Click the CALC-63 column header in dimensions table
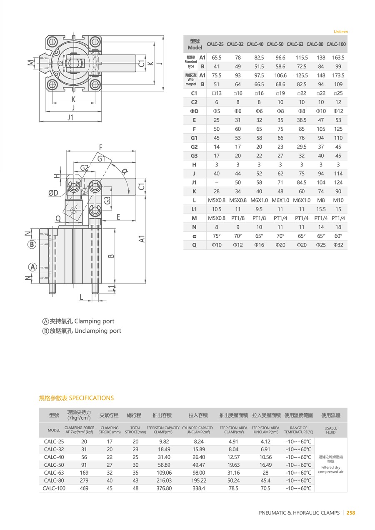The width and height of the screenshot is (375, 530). click(295, 44)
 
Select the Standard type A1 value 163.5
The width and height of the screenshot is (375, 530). click(338, 58)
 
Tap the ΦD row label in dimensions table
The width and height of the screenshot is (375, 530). click(194, 111)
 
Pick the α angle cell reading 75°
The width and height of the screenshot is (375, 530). click(216, 236)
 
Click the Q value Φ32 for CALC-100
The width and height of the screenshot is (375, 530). click(338, 245)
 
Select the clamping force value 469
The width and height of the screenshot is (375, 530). click(84, 488)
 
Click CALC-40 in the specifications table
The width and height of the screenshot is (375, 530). click(54, 457)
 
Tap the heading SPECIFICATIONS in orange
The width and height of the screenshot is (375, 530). click(91, 398)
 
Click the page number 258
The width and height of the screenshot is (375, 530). click(351, 513)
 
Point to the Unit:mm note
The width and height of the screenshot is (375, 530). click(340, 32)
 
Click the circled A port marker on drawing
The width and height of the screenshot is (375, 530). click(32, 267)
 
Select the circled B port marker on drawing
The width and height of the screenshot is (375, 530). click(32, 244)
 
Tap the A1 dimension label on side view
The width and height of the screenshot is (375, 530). click(142, 239)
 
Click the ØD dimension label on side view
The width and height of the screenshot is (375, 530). click(53, 193)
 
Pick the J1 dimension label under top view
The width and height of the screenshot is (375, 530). click(70, 118)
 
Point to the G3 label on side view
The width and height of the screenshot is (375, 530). click(107, 200)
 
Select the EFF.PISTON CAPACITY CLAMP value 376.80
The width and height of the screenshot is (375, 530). click(164, 488)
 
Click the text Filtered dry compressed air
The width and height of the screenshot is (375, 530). click(330, 470)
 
